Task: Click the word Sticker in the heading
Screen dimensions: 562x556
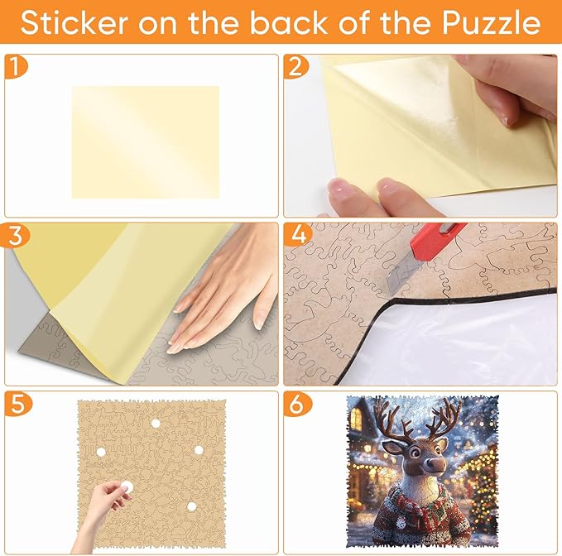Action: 74,23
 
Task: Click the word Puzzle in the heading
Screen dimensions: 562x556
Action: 491,23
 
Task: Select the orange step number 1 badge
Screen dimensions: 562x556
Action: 15,67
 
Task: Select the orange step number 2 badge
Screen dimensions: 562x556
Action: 295,67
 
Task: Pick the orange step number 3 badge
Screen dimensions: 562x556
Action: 16,235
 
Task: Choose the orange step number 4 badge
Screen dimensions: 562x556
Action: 298,235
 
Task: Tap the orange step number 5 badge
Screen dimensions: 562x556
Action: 17,404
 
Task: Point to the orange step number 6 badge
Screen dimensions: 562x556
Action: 297,404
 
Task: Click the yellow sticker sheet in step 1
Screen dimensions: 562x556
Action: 146,141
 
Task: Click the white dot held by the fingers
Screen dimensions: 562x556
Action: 127,486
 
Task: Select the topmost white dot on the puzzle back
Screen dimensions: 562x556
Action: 156,424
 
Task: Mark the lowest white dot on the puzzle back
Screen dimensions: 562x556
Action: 192,506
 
